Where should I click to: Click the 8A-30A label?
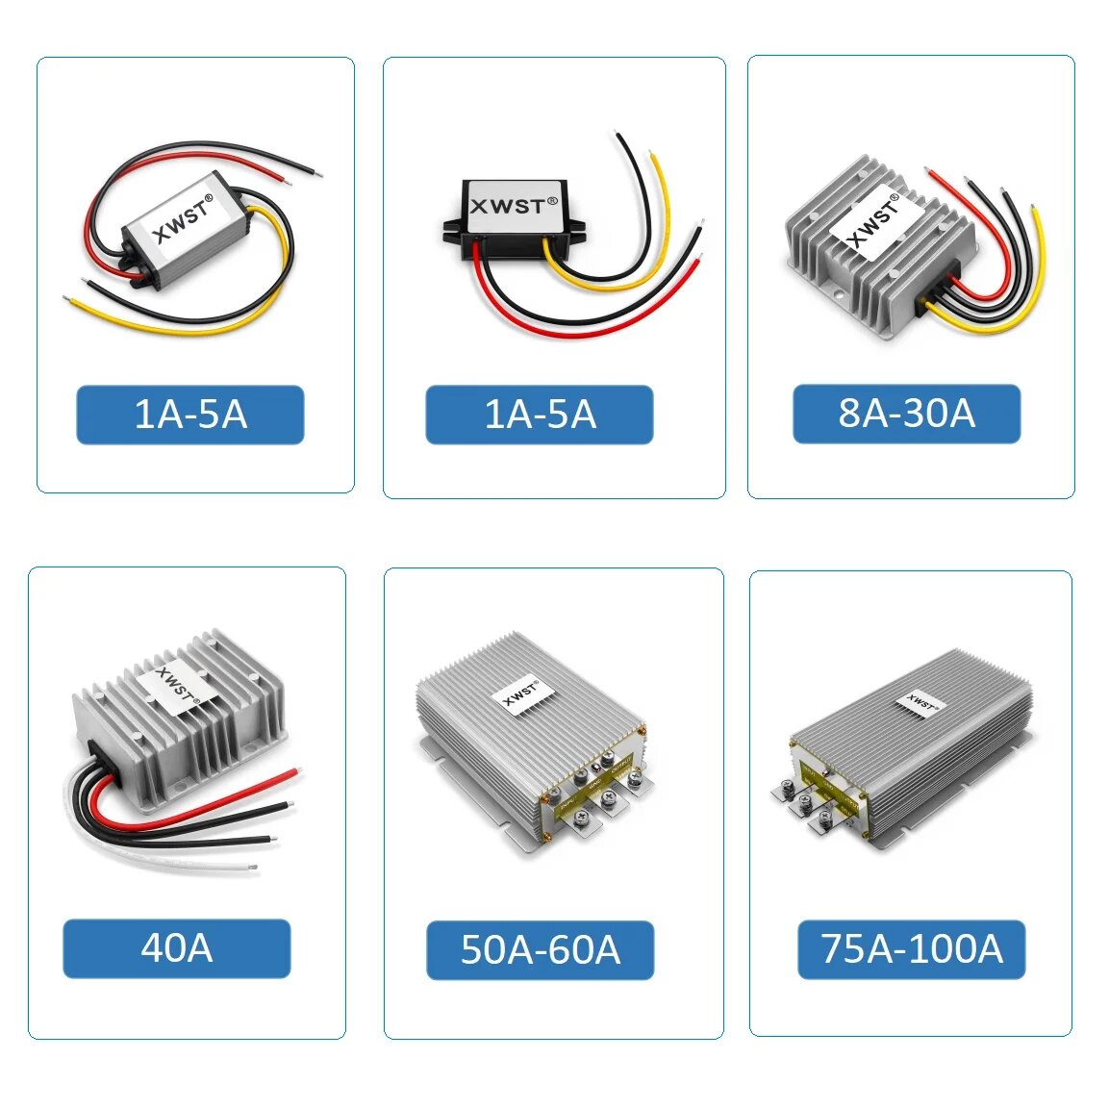[906, 414]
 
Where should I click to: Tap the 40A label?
[177, 948]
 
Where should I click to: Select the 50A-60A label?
[540, 950]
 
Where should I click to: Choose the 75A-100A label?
[911, 949]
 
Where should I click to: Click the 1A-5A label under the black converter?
[540, 415]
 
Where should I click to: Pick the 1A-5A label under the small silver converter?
[190, 415]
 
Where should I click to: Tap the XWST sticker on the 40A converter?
[176, 687]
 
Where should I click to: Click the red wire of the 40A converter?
[221, 791]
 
